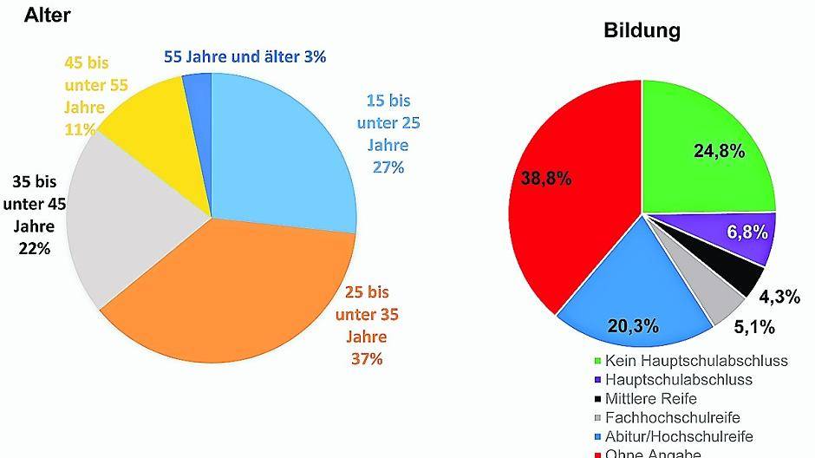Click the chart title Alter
coord(47,15)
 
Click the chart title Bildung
coord(642,31)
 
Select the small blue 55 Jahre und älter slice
coord(199,86)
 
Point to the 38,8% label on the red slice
coord(546,179)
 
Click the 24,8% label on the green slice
coord(719,151)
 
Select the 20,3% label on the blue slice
coord(633,326)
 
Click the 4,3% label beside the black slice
coord(779,297)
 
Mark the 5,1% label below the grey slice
coord(753,328)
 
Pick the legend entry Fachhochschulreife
coord(672,417)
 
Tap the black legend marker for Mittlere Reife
coord(597,398)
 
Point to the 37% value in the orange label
coord(367,358)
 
